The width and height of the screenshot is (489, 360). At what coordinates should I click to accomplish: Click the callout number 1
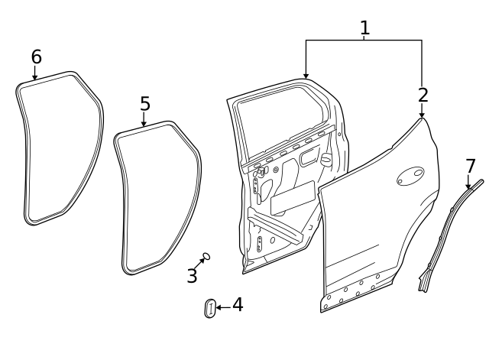364,28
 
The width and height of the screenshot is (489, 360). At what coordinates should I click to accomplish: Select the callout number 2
423,96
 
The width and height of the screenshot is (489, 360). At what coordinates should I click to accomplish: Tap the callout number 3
192,276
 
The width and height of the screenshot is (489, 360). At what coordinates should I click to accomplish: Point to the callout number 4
238,305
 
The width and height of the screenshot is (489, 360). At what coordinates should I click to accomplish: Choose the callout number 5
145,103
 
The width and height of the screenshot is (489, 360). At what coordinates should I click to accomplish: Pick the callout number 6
36,57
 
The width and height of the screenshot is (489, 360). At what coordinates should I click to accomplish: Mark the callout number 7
470,166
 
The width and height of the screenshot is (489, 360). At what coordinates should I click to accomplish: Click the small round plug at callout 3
206,257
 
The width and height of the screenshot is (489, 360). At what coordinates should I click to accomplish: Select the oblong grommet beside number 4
210,309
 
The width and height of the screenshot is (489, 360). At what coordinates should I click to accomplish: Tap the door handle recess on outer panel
410,176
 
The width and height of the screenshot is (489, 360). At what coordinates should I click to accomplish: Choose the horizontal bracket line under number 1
364,41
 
